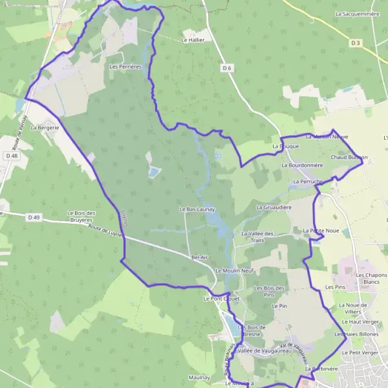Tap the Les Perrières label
point(125,66)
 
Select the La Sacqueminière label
point(357,13)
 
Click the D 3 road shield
point(355,43)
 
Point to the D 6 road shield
point(226,67)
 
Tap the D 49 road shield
point(34,217)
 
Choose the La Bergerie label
point(45,127)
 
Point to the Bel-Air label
point(198,257)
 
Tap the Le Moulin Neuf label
point(235,270)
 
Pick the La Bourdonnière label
point(302,166)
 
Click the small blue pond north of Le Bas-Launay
point(154,172)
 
